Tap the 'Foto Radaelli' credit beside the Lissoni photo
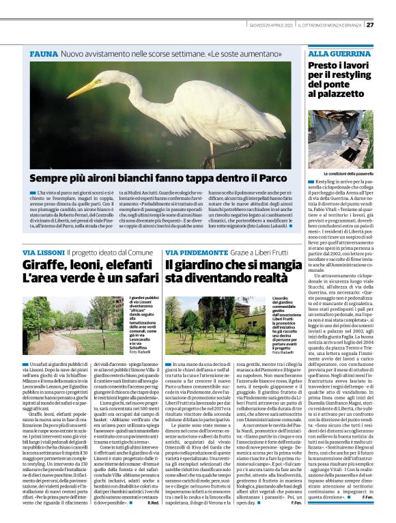[x=141, y=354]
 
